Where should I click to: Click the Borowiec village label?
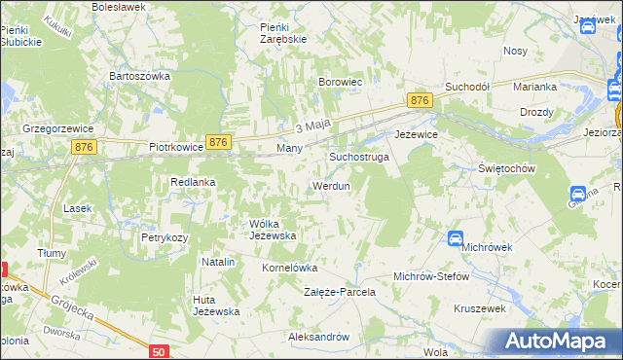click(341, 83)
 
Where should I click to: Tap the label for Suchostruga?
click(359, 156)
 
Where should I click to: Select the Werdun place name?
click(330, 186)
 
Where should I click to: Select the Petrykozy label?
click(164, 236)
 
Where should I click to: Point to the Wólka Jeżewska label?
click(273, 230)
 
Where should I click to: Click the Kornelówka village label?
click(290, 267)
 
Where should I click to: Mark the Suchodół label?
click(466, 87)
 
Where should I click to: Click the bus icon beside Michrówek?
click(456, 238)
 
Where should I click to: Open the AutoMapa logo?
click(557, 341)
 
